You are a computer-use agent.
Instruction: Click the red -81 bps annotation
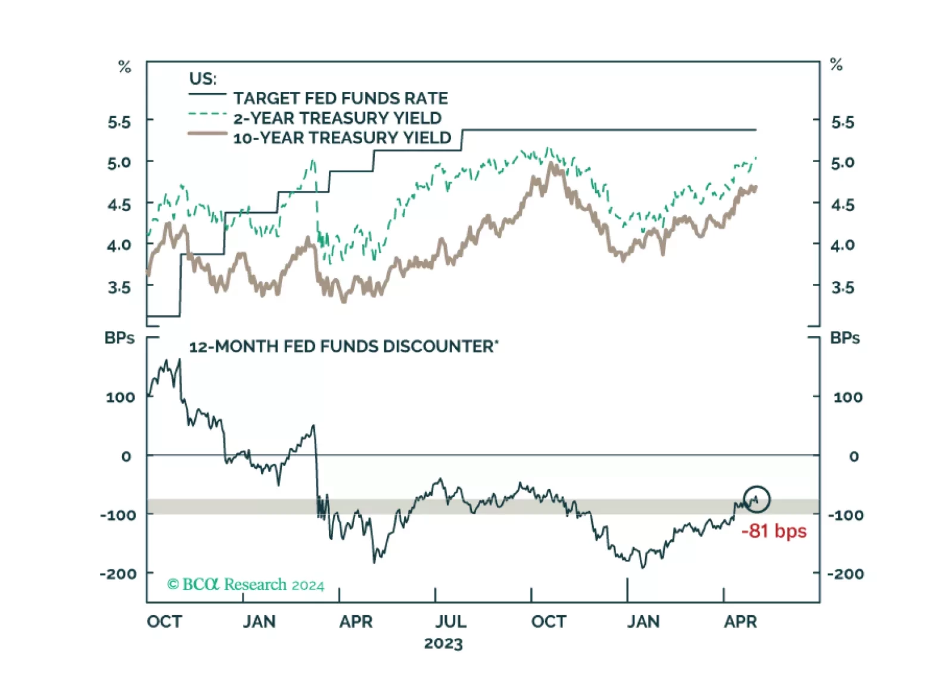coord(773,531)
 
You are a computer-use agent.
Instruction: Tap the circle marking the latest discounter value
coord(757,499)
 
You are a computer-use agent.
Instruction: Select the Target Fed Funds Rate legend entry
coord(340,98)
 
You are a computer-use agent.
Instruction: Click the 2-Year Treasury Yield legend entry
coord(337,118)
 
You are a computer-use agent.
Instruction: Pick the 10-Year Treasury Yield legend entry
coord(341,138)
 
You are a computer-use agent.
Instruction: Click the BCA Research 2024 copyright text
coord(245,584)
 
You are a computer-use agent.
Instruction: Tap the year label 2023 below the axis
coord(443,644)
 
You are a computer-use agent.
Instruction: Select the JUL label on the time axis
coord(450,622)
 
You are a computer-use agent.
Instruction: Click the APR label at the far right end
coord(740,622)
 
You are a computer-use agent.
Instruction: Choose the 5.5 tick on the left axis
coord(119,122)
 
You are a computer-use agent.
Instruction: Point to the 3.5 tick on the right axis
coord(842,288)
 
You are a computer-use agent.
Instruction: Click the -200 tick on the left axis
coord(118,573)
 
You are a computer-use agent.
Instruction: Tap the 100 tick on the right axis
coord(847,397)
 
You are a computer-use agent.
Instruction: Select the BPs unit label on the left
coord(119,338)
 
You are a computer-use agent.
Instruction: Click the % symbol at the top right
coord(836,64)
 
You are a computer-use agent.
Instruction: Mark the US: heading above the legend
coord(203,79)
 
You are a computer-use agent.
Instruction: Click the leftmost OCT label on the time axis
coord(164,622)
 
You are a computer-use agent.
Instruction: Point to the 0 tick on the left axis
coord(126,457)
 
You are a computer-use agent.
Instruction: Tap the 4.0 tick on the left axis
coord(119,245)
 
